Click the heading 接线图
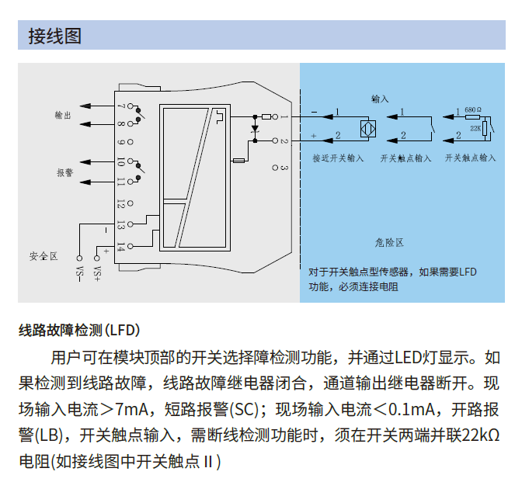coord(54,36)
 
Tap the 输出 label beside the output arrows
coord(64,115)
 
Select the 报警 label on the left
coord(64,172)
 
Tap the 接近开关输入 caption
coord(338,158)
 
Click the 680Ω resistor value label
coord(472,110)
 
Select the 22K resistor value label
coord(475,124)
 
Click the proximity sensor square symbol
coord(368,127)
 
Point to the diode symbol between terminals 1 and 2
coord(254,128)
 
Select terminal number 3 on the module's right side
coord(284,167)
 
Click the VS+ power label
coord(97,272)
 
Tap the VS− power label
coord(78,272)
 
